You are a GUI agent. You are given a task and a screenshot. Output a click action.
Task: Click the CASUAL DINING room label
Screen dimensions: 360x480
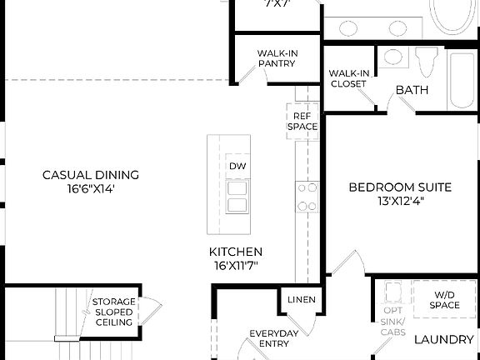91,175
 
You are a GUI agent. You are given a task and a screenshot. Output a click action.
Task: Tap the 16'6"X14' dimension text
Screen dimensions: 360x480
91,188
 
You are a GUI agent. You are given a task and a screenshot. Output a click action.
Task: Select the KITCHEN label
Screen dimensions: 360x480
236,252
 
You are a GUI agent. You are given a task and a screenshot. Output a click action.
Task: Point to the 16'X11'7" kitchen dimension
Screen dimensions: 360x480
236,266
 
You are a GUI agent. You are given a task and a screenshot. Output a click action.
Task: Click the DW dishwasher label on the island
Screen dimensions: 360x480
237,167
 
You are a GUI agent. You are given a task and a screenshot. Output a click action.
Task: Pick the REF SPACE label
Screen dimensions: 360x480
302,121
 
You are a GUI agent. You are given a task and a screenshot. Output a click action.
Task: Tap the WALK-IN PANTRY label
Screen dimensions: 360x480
277,57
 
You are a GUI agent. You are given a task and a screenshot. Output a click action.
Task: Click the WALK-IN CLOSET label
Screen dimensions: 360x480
348,78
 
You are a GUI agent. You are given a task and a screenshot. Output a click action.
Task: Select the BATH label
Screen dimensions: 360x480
412,90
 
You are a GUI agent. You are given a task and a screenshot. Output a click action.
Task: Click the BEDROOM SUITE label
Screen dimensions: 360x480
400,187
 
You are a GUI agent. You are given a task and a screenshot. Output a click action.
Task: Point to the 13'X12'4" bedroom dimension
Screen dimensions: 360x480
400,201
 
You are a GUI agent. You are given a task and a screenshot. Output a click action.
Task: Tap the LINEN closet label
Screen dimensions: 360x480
301,300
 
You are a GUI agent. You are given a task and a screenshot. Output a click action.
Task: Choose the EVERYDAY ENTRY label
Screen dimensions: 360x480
274,339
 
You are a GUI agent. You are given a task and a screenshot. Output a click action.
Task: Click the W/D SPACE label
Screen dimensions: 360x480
446,300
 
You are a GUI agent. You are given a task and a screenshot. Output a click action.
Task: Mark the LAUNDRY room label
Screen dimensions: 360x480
444,339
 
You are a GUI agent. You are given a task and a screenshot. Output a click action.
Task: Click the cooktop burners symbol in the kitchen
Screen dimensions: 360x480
307,197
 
